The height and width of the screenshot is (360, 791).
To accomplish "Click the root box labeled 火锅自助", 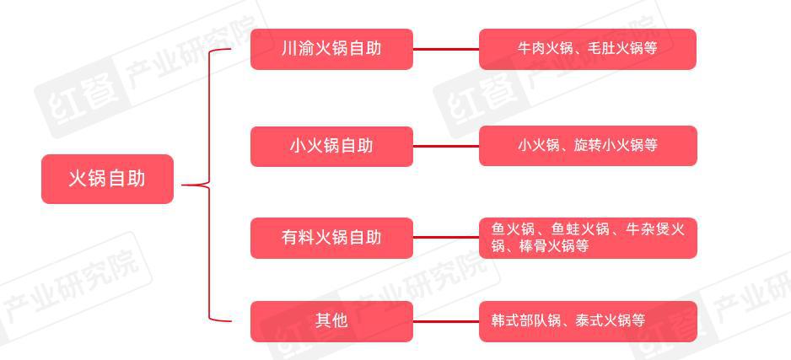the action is click(x=107, y=179).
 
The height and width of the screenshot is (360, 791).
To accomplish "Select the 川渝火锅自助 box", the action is click(x=331, y=49).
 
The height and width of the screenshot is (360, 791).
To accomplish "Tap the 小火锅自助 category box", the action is click(x=331, y=146).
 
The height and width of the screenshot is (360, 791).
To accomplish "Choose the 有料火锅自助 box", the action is click(x=331, y=238).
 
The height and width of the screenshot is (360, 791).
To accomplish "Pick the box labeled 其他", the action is click(x=331, y=321).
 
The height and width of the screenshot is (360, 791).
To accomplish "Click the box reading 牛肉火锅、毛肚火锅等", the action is click(x=588, y=49).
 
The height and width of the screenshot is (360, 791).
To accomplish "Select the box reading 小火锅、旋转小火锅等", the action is click(x=588, y=146).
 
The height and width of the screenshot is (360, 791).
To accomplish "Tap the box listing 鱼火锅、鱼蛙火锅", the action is click(x=588, y=238).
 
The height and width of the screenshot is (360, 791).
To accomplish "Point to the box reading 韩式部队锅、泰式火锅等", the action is click(x=588, y=321).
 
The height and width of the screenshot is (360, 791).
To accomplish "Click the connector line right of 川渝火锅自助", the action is click(x=446, y=50).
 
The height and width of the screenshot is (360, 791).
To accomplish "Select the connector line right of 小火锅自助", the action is click(x=446, y=146).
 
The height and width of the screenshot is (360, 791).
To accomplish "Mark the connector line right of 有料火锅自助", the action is click(x=446, y=237).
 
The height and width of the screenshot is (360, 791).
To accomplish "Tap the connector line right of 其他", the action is click(x=446, y=320).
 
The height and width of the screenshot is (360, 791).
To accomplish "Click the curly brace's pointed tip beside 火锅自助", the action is click(x=182, y=185).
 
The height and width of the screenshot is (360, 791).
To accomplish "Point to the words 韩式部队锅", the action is click(x=525, y=320).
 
